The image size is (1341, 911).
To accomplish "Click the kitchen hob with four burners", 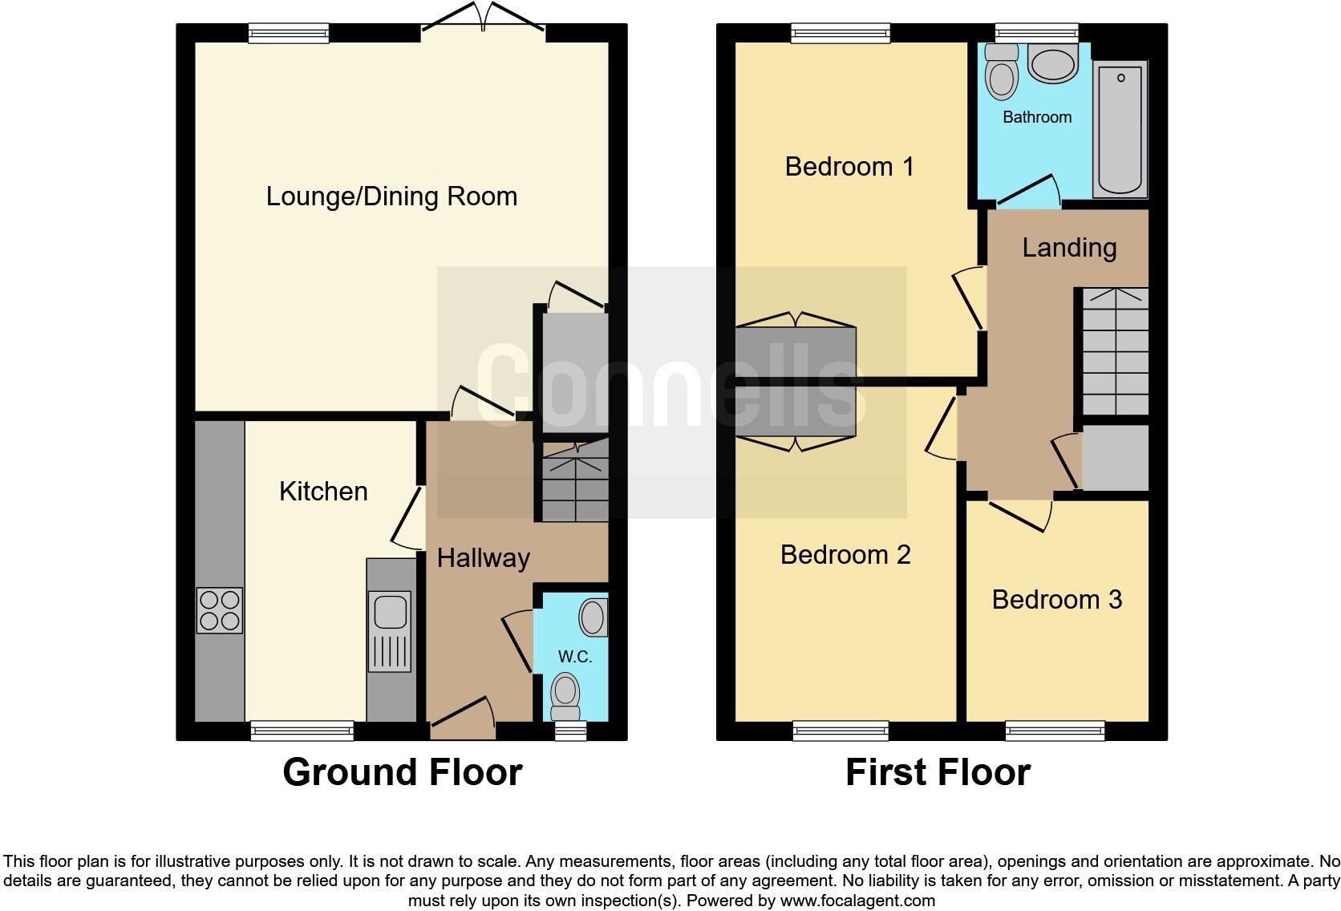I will pyautogui.click(x=220, y=610).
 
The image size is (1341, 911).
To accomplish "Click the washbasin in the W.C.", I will pyautogui.click(x=594, y=617).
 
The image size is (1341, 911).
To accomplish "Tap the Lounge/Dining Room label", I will pyautogui.click(x=391, y=196).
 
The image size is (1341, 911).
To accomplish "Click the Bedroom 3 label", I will pyautogui.click(x=1056, y=600).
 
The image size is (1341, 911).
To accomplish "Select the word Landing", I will pyautogui.click(x=1069, y=248).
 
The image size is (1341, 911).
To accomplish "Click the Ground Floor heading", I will pyautogui.click(x=402, y=772).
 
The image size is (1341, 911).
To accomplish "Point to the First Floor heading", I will pyautogui.click(x=938, y=772).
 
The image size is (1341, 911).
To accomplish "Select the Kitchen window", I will pyautogui.click(x=302, y=730).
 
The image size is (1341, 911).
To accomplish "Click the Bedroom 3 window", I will pyautogui.click(x=1055, y=730).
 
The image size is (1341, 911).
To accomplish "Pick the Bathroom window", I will pyautogui.click(x=1036, y=33).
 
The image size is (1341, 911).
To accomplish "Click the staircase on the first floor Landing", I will pyautogui.click(x=1116, y=352).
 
